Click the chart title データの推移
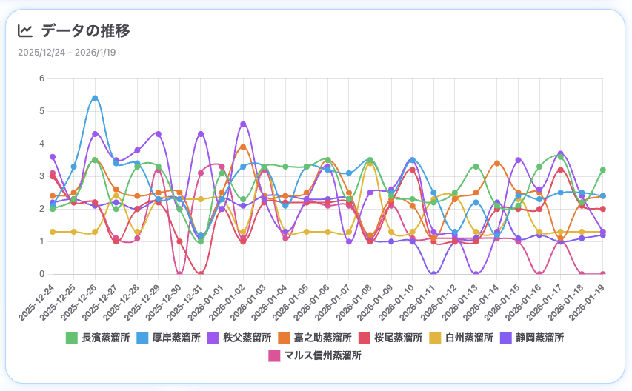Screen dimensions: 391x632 (85, 31)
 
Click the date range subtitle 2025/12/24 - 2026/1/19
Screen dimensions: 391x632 (67, 53)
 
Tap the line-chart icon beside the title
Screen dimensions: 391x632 (25, 31)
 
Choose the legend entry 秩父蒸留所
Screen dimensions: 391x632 (242, 338)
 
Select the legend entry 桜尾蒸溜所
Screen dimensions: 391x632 (392, 338)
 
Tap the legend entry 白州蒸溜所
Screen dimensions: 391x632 (463, 338)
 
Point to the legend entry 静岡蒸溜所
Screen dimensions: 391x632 (533, 338)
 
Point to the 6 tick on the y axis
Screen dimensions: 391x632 (42, 78)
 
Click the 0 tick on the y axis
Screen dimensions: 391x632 (42, 274)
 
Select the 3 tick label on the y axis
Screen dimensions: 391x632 (42, 176)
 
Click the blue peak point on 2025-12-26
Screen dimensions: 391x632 (95, 98)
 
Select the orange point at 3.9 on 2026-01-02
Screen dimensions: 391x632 (243, 147)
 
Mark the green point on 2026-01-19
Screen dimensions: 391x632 (603, 170)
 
